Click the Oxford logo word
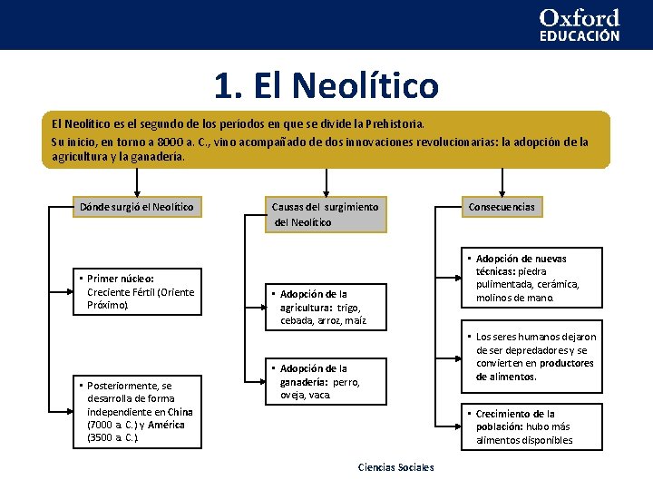click(x=580, y=18)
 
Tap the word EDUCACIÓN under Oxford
click(x=580, y=36)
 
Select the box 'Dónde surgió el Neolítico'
click(x=136, y=207)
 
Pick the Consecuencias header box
click(x=502, y=207)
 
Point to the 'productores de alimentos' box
click(x=535, y=357)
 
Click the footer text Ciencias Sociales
click(x=396, y=467)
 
